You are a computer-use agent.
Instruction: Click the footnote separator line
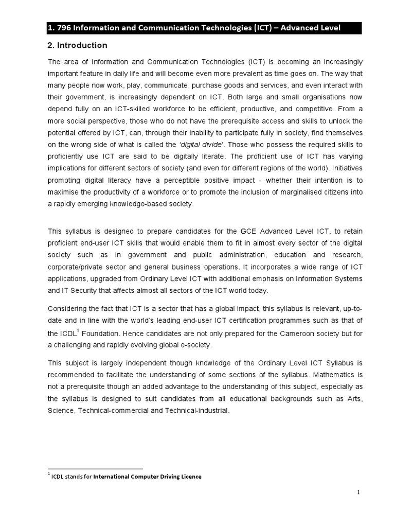[95, 469]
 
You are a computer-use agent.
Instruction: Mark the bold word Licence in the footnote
[190, 477]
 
